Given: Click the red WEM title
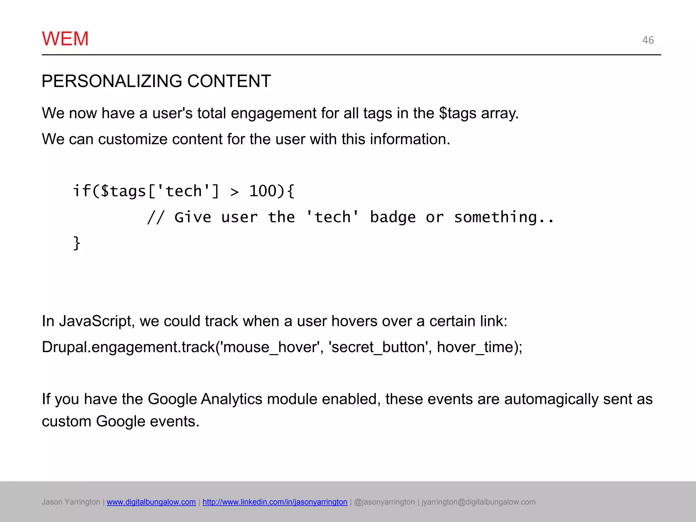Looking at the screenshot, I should (65, 39).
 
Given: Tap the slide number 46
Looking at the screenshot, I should (648, 40).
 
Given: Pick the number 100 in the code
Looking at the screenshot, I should (263, 191).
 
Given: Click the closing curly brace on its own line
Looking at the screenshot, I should (77, 243).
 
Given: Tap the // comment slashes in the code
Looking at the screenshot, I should (156, 217).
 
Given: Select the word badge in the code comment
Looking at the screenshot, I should (393, 217).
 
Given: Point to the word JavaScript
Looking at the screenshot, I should (95, 321).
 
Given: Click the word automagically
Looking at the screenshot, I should (551, 399).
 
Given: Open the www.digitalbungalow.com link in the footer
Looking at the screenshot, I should (151, 502).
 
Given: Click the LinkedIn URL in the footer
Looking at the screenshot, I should (275, 502).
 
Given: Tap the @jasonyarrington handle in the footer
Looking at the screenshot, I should (384, 502).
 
